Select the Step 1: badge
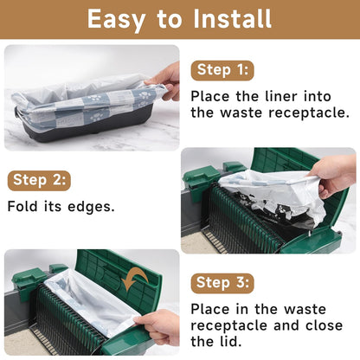pyautogui.click(x=222, y=70)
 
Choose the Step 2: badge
pyautogui.click(x=40, y=181)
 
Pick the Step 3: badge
pyautogui.click(x=222, y=283)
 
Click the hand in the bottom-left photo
pyautogui.click(x=159, y=325)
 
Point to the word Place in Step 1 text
pyautogui.click(x=211, y=96)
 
